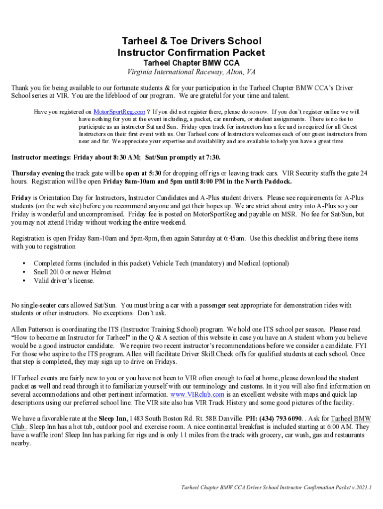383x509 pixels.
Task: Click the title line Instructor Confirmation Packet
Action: [191, 52]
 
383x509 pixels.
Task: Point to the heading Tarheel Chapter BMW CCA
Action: [191, 63]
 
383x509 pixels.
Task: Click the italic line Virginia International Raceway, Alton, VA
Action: [191, 73]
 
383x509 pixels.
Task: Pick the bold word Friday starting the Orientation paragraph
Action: [21, 197]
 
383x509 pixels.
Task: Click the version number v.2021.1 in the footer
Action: [362, 488]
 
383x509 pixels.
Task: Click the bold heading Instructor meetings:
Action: [42, 158]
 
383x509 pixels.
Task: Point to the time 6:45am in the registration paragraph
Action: [233, 239]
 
